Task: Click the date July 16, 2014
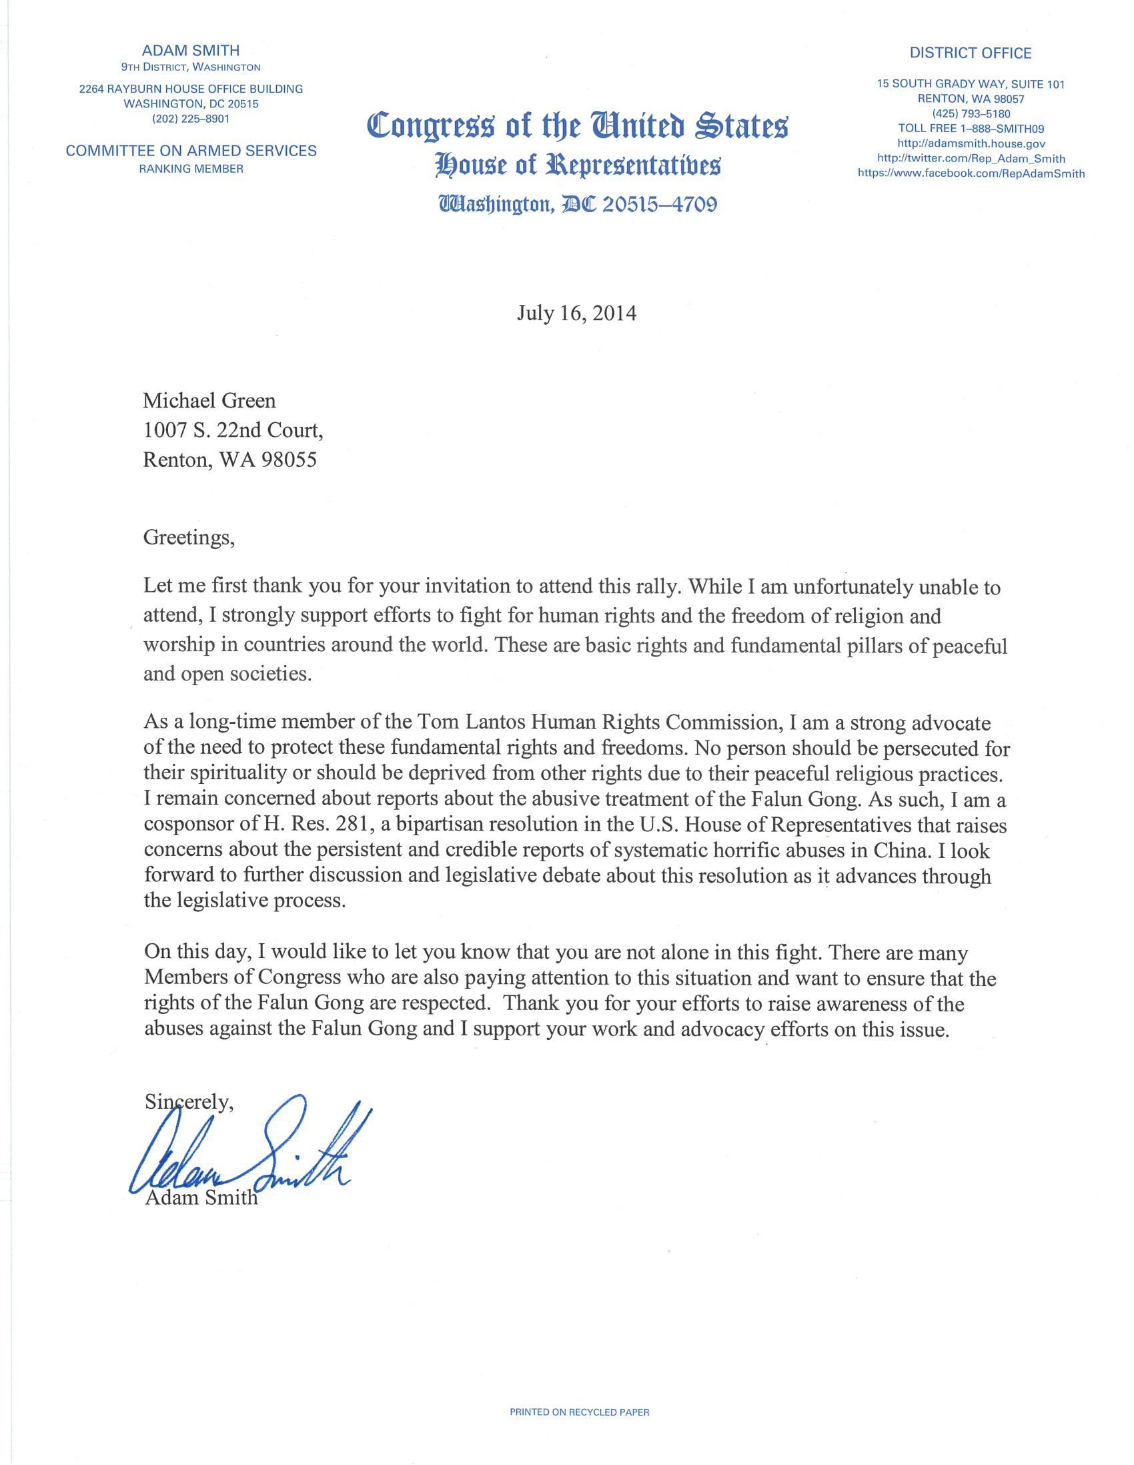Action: point(576,314)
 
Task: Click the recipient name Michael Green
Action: point(209,400)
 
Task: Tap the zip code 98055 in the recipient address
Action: point(289,460)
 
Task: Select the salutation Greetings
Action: point(188,537)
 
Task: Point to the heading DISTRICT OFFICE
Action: point(971,53)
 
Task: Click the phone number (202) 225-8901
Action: point(191,119)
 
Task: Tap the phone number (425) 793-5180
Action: point(971,114)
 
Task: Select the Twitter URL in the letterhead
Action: point(971,159)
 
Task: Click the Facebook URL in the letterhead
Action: point(971,173)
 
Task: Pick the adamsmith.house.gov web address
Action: point(971,143)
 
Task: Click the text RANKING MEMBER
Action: point(191,169)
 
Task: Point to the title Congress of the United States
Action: point(578,126)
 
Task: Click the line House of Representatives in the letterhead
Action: point(578,165)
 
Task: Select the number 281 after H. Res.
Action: point(352,824)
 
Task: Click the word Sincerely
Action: point(189,1102)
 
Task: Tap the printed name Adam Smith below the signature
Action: point(201,1198)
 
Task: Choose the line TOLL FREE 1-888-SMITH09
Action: point(971,129)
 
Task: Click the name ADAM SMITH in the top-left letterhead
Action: point(191,50)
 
